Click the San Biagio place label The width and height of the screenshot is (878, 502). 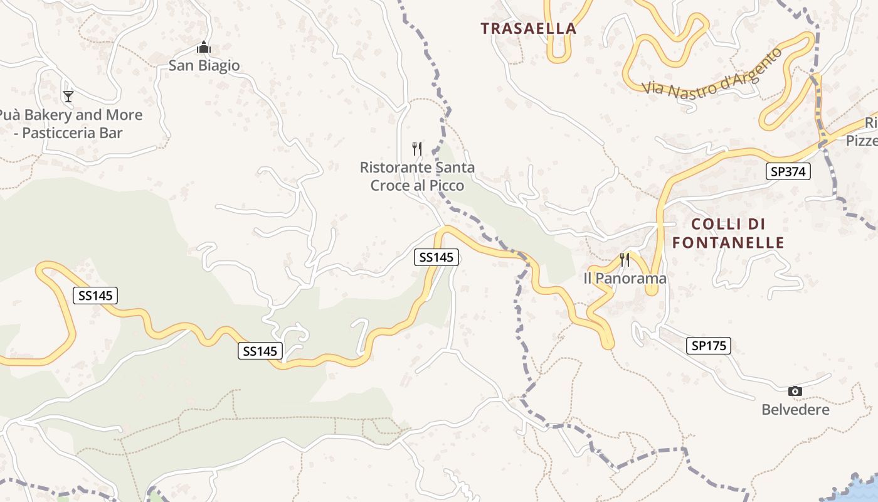click(x=204, y=65)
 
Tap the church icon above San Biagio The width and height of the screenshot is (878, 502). click(x=203, y=48)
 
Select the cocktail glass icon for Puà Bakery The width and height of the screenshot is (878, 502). click(x=68, y=96)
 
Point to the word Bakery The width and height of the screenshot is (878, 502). click(x=48, y=115)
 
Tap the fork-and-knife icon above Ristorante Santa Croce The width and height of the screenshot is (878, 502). click(x=417, y=149)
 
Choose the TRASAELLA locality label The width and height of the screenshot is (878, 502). click(x=528, y=28)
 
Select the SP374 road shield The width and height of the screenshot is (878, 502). click(x=788, y=171)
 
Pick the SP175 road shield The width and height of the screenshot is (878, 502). click(x=709, y=345)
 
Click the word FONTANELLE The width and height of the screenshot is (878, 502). click(x=728, y=243)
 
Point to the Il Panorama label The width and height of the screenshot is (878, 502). click(x=625, y=278)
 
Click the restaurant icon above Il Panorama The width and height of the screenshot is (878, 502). click(x=625, y=260)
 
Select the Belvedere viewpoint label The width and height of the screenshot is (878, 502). click(x=795, y=410)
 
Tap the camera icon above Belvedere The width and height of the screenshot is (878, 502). click(x=795, y=392)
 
